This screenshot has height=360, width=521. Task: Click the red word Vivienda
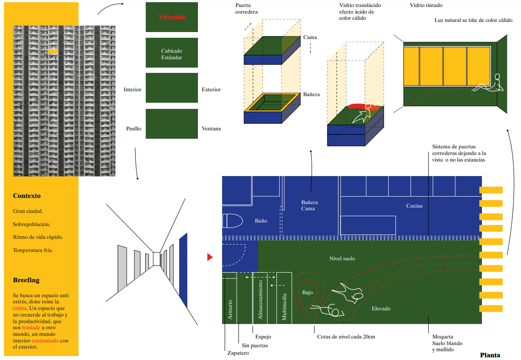(172, 17)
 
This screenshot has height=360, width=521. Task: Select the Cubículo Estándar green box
(172, 54)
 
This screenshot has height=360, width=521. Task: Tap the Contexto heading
(27, 196)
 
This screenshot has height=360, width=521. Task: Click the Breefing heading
(26, 280)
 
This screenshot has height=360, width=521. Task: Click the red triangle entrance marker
(209, 257)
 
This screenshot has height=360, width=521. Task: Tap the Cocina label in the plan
(414, 206)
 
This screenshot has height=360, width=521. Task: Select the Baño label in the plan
(261, 221)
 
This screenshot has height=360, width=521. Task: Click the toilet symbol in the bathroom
(232, 220)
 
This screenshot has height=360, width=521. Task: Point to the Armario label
(230, 309)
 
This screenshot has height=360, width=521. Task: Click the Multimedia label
(284, 306)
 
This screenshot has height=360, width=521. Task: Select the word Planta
(490, 355)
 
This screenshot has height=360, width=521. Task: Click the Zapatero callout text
(238, 353)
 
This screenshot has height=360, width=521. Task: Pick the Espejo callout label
(263, 337)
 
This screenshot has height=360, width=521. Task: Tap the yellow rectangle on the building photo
(53, 52)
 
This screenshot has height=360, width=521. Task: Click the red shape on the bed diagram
(358, 106)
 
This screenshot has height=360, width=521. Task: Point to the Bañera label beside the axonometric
(311, 94)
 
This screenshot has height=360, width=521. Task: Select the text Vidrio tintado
(426, 5)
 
